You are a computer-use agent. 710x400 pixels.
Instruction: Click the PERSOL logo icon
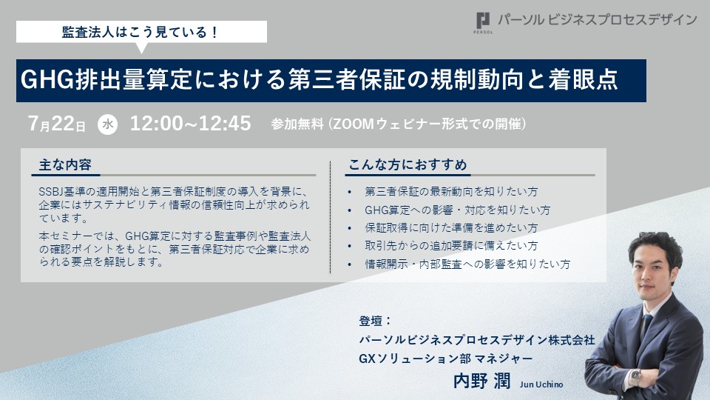click(x=483, y=21)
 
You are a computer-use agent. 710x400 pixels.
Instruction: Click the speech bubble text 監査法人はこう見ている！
click(x=141, y=32)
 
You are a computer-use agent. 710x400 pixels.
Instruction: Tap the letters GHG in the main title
click(x=47, y=80)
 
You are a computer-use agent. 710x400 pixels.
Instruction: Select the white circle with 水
click(x=108, y=124)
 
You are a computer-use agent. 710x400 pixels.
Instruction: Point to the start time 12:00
click(x=156, y=124)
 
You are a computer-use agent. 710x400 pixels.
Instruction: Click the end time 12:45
click(x=225, y=124)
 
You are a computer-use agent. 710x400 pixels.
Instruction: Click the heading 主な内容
click(x=65, y=164)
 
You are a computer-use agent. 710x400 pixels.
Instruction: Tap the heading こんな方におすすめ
click(x=408, y=164)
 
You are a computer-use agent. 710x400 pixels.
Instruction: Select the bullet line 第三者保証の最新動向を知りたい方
click(x=451, y=192)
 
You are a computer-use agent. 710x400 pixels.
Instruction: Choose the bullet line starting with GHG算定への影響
click(x=457, y=210)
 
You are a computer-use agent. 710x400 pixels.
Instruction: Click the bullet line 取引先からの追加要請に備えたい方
click(x=451, y=246)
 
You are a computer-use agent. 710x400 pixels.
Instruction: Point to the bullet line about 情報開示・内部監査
click(x=467, y=264)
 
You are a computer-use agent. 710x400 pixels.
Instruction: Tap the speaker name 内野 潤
click(x=481, y=381)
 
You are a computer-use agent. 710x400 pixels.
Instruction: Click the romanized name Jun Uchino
click(x=541, y=384)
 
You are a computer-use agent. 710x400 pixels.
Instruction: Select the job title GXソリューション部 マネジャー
click(x=445, y=359)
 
